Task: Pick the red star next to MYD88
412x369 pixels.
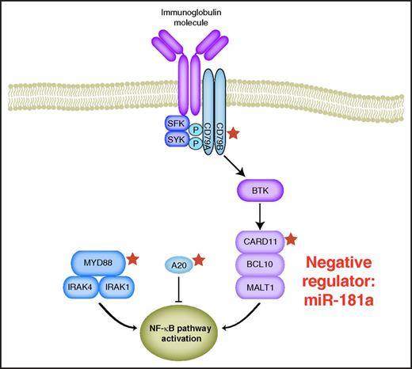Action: pos(135,257)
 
